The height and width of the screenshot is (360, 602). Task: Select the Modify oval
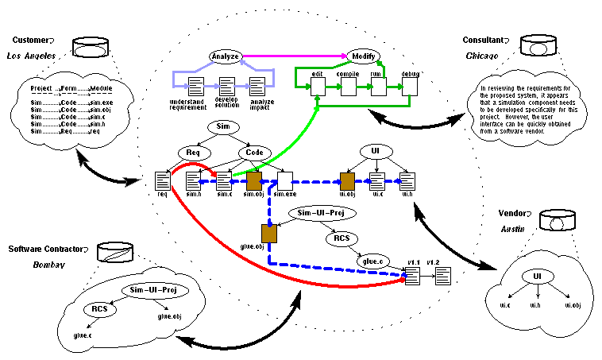pyautogui.click(x=362, y=56)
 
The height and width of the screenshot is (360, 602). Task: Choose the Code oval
pyautogui.click(x=254, y=152)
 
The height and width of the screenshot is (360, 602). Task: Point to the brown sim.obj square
pyautogui.click(x=255, y=180)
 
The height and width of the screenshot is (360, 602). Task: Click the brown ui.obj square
pyautogui.click(x=347, y=180)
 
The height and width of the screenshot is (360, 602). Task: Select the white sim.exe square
pyautogui.click(x=285, y=180)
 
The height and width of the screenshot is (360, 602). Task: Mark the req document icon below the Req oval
pyautogui.click(x=163, y=180)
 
